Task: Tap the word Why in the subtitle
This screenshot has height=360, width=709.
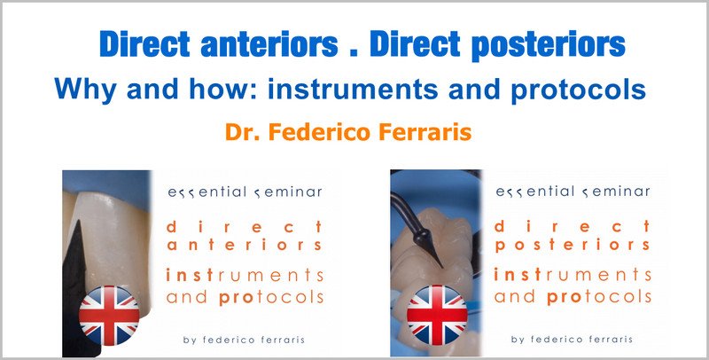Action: tap(86, 89)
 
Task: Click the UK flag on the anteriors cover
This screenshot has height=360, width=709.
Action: tap(109, 316)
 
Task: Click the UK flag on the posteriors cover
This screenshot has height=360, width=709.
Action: tap(437, 316)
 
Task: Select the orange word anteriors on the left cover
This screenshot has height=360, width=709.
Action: tap(245, 246)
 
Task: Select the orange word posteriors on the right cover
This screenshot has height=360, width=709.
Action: tap(573, 246)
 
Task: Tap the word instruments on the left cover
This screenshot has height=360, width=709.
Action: tap(245, 275)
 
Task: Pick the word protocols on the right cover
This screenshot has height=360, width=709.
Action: tap(599, 298)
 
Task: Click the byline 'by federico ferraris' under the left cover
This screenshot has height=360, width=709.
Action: tap(245, 340)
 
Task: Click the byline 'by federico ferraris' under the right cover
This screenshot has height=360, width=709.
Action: tap(572, 340)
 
